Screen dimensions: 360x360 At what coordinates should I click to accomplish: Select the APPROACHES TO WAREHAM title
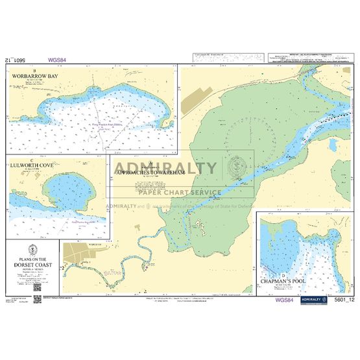coord(167,173)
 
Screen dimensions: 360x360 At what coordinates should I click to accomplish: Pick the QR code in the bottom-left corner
coord(38,286)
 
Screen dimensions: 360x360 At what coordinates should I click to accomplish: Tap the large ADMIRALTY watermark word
coord(166,168)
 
